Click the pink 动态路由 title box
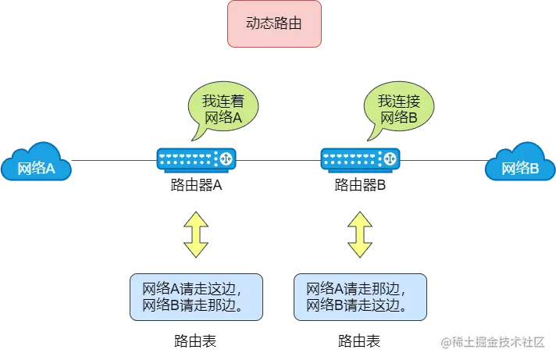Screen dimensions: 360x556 pos(273,24)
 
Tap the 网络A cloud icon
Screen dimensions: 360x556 pos(36,163)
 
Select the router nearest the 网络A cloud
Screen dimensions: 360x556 pos(196,159)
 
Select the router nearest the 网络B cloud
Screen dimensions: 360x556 pos(360,159)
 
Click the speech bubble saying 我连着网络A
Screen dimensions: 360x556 pos(223,109)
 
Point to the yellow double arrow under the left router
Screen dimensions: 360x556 pos(195,232)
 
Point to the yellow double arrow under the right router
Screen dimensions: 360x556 pos(360,232)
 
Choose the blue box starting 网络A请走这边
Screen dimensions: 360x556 pos(195,296)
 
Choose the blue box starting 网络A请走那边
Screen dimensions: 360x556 pos(360,296)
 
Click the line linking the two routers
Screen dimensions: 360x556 pos(278,159)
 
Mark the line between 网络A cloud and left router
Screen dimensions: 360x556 pos(113,160)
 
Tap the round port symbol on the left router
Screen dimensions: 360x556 pos(227,159)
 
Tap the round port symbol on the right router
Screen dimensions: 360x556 pos(391,159)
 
